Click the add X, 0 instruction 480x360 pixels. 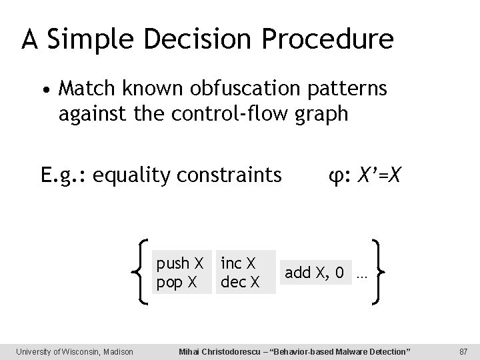(x=314, y=273)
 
